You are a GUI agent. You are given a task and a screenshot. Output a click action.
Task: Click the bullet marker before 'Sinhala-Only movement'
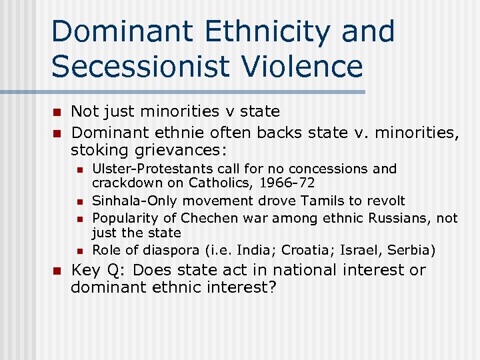[78, 201]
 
